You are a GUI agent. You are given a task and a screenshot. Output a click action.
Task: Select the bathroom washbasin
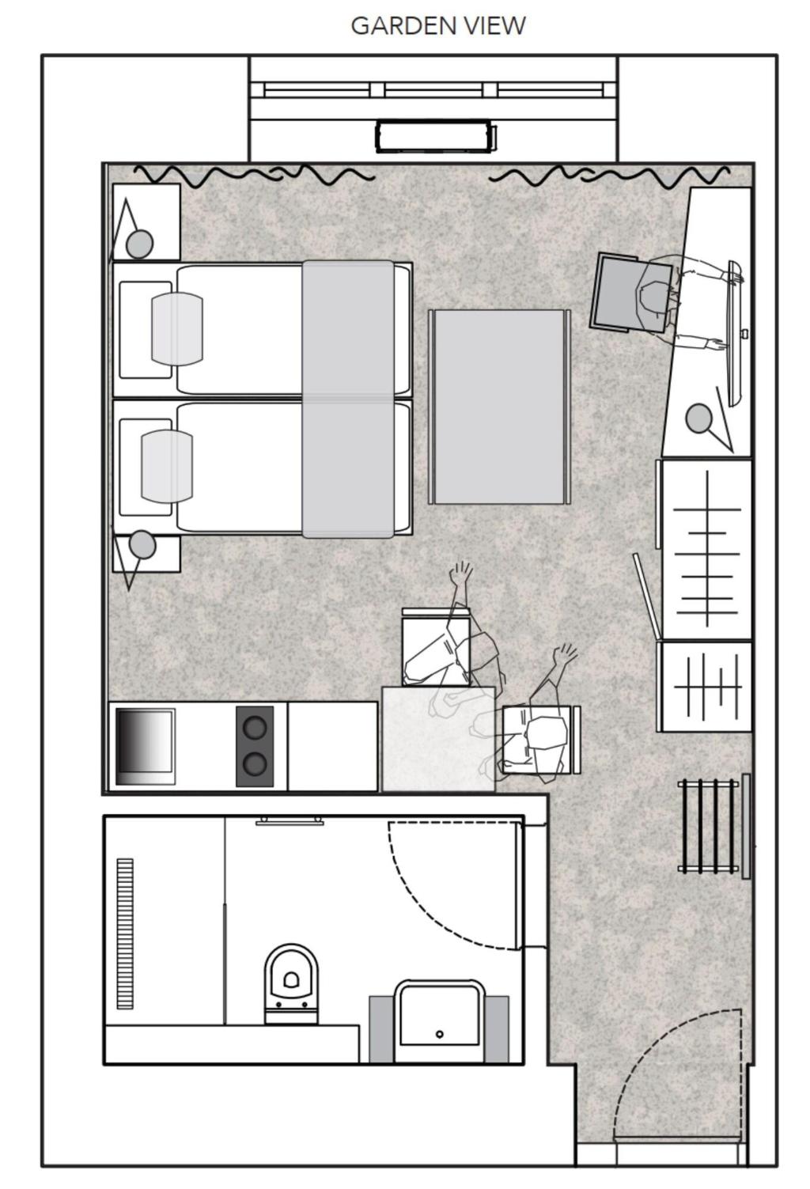click(x=440, y=1020)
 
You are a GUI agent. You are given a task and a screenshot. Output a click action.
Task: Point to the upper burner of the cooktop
click(x=255, y=727)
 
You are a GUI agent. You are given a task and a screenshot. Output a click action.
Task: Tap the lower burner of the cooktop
click(x=255, y=763)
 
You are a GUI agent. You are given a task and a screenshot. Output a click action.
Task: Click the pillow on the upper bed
click(x=177, y=330)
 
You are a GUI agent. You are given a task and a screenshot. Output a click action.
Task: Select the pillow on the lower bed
click(x=167, y=466)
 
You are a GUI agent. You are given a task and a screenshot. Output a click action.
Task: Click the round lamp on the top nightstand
click(x=139, y=244)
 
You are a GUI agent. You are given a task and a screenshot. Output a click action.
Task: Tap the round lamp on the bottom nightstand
click(x=142, y=544)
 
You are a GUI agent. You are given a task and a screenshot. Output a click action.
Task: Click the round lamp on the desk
click(x=699, y=418)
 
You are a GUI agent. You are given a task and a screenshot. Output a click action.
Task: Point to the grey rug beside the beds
click(x=499, y=407)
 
